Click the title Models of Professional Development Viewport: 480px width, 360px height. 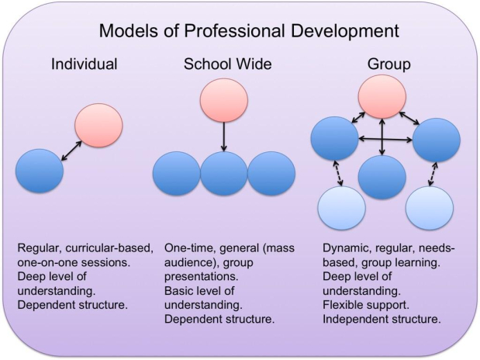pos(248,32)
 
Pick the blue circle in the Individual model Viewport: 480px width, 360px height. pos(39,171)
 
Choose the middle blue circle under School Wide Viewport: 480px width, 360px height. pos(224,173)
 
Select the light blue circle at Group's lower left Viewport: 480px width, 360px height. pos(341,208)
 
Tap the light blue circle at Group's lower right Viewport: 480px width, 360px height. pos(429,208)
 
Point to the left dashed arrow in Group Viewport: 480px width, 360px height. pos(338,173)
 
